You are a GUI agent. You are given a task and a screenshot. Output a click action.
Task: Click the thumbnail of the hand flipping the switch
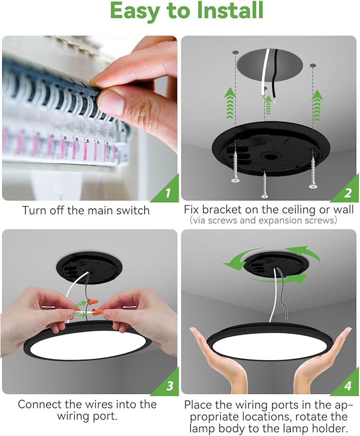(x=90, y=118)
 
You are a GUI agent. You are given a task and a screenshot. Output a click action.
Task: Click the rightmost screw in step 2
(x=313, y=168)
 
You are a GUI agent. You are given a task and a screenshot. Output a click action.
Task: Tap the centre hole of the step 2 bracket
(x=269, y=156)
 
